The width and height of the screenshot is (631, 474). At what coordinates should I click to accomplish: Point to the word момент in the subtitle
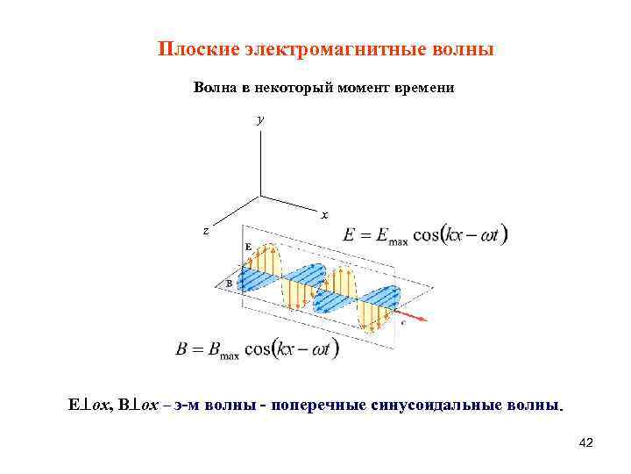[351, 89]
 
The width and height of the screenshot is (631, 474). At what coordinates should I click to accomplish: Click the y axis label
[259, 119]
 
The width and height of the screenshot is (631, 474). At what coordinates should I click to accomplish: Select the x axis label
[324, 214]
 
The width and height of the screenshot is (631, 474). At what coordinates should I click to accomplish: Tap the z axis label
[206, 231]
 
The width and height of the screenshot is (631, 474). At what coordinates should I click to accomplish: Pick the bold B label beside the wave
[229, 284]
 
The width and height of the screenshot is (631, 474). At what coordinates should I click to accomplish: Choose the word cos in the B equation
[259, 348]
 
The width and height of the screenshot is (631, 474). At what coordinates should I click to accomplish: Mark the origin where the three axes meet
[260, 196]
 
